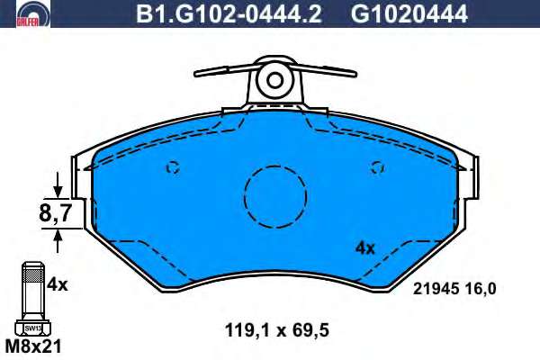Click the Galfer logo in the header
pyautogui.click(x=33, y=14)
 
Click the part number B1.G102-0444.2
pyautogui.click(x=229, y=14)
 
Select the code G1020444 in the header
pyautogui.click(x=409, y=14)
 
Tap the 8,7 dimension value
pyautogui.click(x=55, y=213)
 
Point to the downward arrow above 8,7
pyautogui.click(x=58, y=185)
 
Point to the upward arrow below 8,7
pyautogui.click(x=58, y=241)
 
